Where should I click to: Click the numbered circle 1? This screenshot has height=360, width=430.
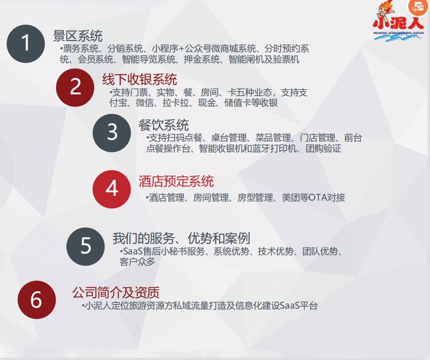25,43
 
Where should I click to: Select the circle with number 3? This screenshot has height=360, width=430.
112,132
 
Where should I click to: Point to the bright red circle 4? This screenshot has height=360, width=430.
112,189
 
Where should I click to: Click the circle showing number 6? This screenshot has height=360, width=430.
36,300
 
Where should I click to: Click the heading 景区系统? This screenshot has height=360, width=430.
78,36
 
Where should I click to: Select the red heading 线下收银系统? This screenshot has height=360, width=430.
140,79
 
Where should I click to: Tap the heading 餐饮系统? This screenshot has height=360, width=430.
164,125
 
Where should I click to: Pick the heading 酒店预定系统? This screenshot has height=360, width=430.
176,181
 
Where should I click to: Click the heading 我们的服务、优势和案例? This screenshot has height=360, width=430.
181,238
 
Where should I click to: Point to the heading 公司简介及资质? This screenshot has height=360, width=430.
116,292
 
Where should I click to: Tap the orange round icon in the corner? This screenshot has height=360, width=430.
418,7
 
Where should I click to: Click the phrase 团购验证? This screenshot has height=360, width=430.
323,149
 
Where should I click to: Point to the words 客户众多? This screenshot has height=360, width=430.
138,262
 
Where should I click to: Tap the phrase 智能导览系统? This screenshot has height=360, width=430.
144,60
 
